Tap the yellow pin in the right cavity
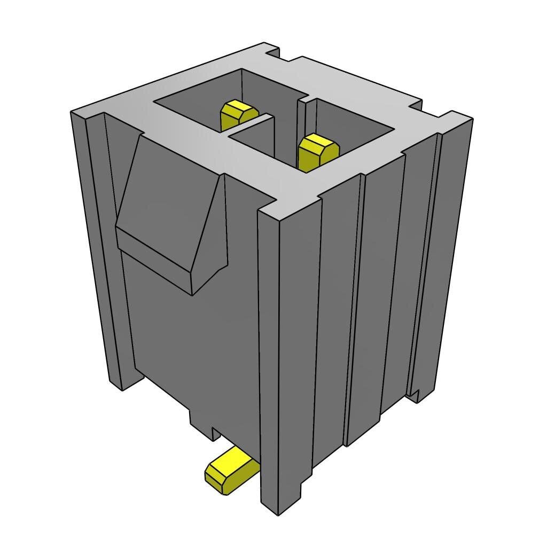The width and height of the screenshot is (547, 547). click(317, 153)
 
